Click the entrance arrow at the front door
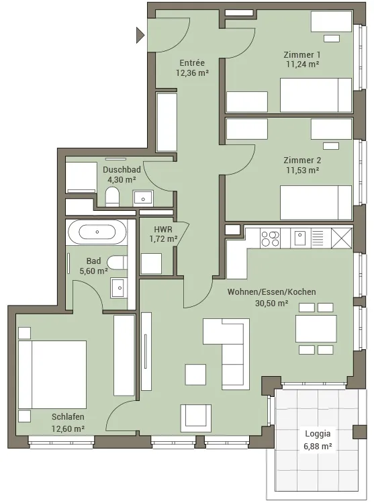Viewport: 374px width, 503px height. coord(140,35)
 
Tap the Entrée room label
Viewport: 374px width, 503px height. coord(192,63)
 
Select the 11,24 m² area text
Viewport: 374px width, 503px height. coord(302,64)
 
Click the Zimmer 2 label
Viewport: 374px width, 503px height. coord(302,160)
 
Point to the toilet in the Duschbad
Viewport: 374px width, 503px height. coord(112,196)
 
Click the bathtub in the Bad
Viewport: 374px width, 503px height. coord(97,232)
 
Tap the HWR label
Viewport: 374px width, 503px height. coord(163,230)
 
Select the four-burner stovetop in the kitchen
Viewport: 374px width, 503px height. coord(270,238)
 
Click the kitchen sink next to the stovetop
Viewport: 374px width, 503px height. coord(300,238)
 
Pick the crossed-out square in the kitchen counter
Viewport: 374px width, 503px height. coord(342,238)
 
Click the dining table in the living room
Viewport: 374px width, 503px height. coord(316,328)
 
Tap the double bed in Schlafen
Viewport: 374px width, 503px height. coord(52,375)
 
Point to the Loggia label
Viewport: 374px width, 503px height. coord(318,434)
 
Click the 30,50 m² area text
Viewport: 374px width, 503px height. coord(271,303)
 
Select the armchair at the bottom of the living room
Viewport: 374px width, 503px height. coord(195,418)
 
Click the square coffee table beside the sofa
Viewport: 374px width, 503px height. coord(195,374)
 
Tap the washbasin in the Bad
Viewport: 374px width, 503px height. coord(119,287)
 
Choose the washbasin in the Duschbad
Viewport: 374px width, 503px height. coord(143,199)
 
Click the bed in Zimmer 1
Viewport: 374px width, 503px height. coord(316,95)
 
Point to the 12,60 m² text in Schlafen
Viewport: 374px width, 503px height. coord(68,428)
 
